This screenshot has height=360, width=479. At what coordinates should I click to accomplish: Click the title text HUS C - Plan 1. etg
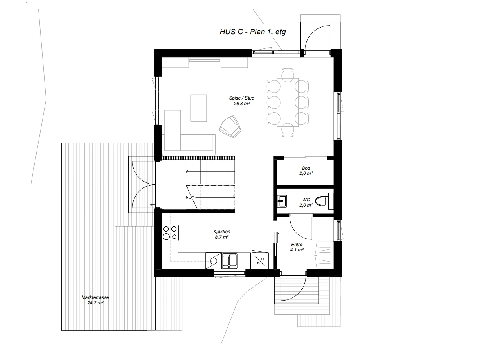coord(253,32)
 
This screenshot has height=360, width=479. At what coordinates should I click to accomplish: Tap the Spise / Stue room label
coord(241,98)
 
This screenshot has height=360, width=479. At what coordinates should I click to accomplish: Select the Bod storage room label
coord(306,168)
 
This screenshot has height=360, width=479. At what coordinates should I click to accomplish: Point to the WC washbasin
coord(282,201)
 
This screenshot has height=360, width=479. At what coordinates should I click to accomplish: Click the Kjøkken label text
coord(222,232)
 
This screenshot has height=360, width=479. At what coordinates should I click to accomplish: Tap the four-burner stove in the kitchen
coord(170,233)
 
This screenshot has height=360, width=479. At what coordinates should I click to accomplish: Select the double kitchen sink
coord(230,261)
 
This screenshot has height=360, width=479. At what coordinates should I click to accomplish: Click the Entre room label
coord(297,245)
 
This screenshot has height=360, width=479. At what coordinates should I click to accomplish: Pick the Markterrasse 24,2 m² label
coord(95,300)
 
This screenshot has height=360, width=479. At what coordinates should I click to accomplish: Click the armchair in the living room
coord(230,126)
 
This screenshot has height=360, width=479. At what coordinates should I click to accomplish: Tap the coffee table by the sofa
coord(199,108)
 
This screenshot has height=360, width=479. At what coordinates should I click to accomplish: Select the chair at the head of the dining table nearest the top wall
coord(288,74)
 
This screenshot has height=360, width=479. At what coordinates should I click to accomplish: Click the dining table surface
coord(288,102)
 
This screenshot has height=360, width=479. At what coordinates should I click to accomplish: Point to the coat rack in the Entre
coord(325,255)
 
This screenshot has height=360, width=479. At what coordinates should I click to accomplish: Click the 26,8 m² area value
coord(241,104)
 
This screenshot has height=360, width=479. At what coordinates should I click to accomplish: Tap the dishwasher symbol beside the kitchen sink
coord(260,261)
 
